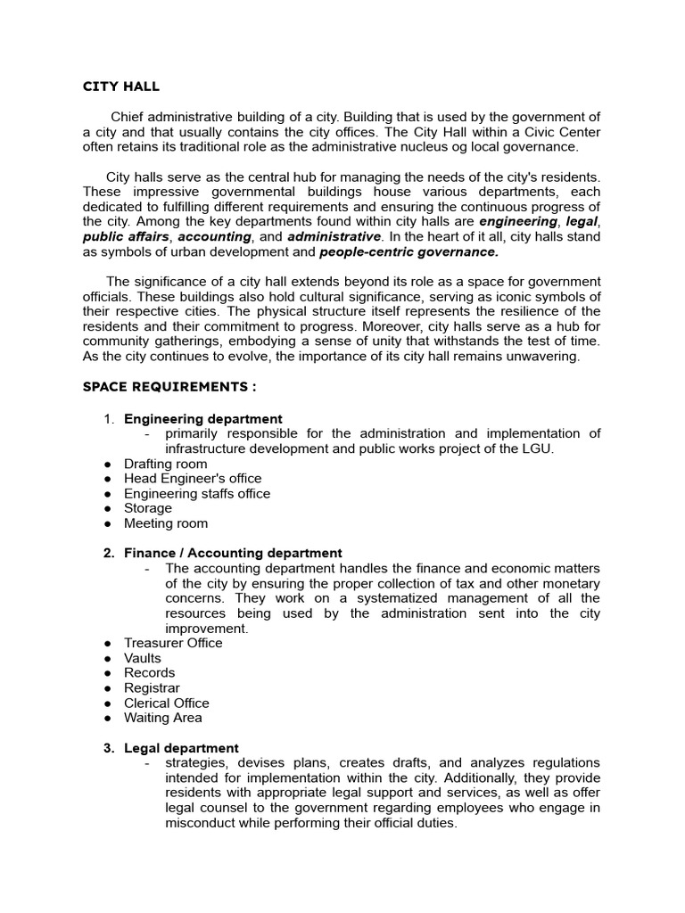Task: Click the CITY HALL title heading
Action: point(121,86)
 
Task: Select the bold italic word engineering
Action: point(517,221)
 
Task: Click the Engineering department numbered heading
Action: point(202,419)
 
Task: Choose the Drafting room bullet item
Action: point(165,464)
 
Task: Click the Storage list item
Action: point(148,508)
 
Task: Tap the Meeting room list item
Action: point(166,523)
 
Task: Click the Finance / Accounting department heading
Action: point(232,554)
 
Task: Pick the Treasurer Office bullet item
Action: point(173,643)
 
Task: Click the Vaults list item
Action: point(143,658)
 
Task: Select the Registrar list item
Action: point(152,688)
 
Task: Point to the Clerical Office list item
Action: point(167,703)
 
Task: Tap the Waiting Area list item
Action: point(162,718)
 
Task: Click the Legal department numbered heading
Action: point(181,748)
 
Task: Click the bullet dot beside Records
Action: point(107,673)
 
